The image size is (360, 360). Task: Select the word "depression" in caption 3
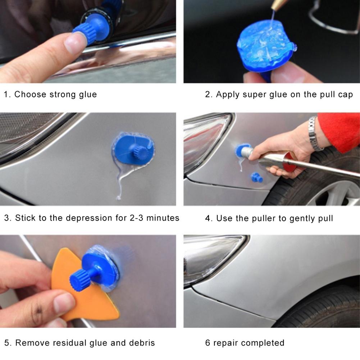coord(89,218)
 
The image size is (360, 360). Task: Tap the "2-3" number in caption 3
coord(136,218)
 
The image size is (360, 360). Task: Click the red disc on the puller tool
coord(290,162)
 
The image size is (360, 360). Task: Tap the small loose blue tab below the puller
coord(257,177)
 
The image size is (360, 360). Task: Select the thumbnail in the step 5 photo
coord(63,303)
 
